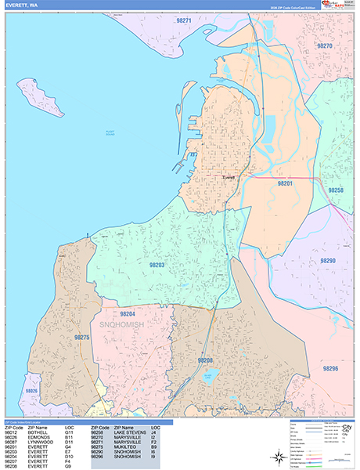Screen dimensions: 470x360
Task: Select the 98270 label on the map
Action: pyautogui.click(x=326, y=46)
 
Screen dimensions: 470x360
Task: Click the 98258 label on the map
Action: pyautogui.click(x=334, y=190)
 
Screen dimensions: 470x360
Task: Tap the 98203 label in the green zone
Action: pyautogui.click(x=157, y=266)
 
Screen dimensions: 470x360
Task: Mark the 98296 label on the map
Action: pyautogui.click(x=329, y=368)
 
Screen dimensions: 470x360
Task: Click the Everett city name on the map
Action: pyautogui.click(x=229, y=178)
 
